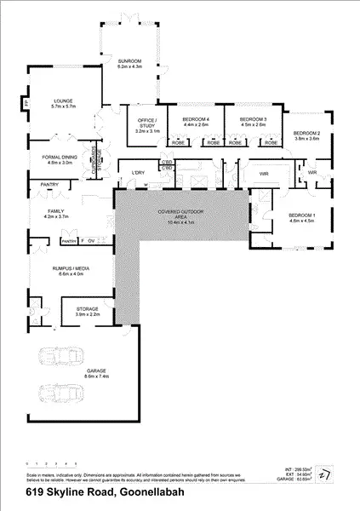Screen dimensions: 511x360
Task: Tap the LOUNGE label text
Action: click(x=62, y=102)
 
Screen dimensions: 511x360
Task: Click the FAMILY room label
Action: click(x=56, y=214)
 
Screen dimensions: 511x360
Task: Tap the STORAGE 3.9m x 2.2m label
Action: click(x=88, y=311)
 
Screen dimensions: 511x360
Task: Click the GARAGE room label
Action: click(x=96, y=372)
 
